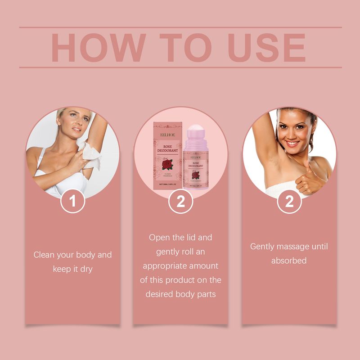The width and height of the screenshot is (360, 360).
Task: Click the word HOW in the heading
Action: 94,47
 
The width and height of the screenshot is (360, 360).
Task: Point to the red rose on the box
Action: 167,164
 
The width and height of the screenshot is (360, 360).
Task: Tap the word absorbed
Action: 289,261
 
